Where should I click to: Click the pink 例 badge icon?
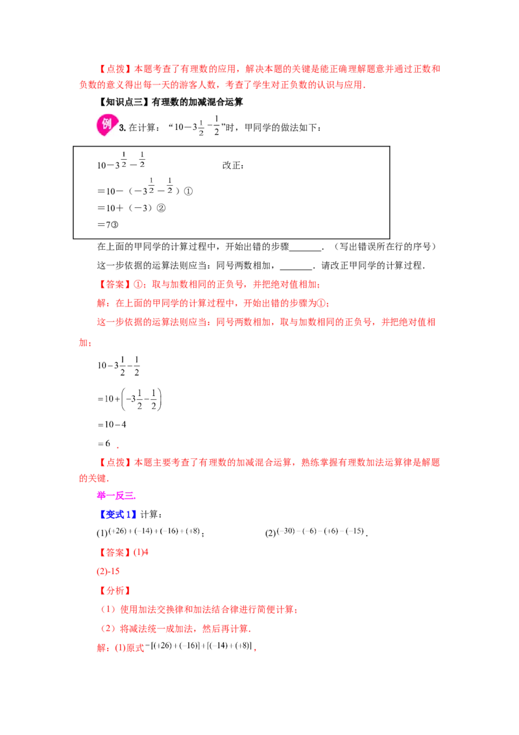(x=107, y=125)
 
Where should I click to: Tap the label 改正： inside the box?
(x=233, y=165)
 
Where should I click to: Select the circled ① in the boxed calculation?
(x=188, y=192)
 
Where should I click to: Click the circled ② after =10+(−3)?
(x=161, y=208)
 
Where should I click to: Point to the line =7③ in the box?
(x=108, y=225)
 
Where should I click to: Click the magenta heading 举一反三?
(x=116, y=495)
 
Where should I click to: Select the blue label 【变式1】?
(x=117, y=514)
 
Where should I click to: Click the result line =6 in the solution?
(x=104, y=443)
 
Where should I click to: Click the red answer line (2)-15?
(x=108, y=571)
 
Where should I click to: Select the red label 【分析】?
(x=115, y=591)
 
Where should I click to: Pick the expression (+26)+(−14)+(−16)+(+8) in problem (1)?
(x=154, y=531)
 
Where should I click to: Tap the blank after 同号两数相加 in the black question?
(x=296, y=266)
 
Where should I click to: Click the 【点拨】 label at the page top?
(x=115, y=69)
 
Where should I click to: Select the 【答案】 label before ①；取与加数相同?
(x=115, y=284)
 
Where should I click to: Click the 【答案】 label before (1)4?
(x=115, y=552)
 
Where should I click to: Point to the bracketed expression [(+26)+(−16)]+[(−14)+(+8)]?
(x=201, y=646)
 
